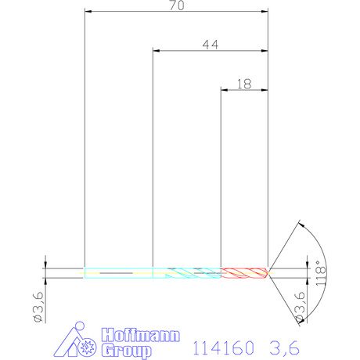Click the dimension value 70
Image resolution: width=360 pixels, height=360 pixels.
tap(177, 5)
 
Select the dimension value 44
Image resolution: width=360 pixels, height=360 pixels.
tap(211, 45)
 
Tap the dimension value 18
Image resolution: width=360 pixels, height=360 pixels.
tap(244, 84)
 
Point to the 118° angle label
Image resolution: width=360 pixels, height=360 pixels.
tap(321, 273)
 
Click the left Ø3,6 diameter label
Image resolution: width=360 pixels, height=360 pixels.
tap(38, 307)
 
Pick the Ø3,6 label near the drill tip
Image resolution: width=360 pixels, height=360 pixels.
tap(300, 307)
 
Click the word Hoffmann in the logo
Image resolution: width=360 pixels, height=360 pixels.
tap(141, 335)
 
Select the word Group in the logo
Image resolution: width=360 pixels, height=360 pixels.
tap(127, 351)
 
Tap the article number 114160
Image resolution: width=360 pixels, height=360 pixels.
tap(223, 347)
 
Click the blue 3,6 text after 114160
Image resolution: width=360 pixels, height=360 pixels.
tap(284, 347)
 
